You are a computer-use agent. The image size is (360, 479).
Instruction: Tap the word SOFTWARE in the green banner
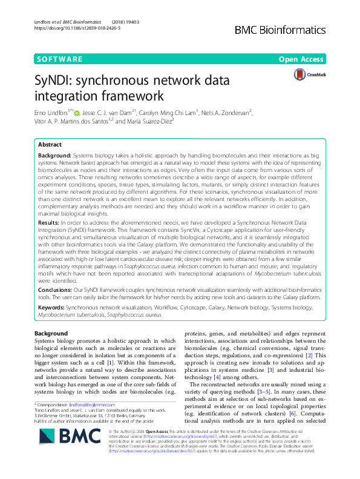(x=61, y=59)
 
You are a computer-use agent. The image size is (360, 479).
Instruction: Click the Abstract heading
(x=50, y=145)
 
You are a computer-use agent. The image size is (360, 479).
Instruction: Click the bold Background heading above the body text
(x=51, y=334)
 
